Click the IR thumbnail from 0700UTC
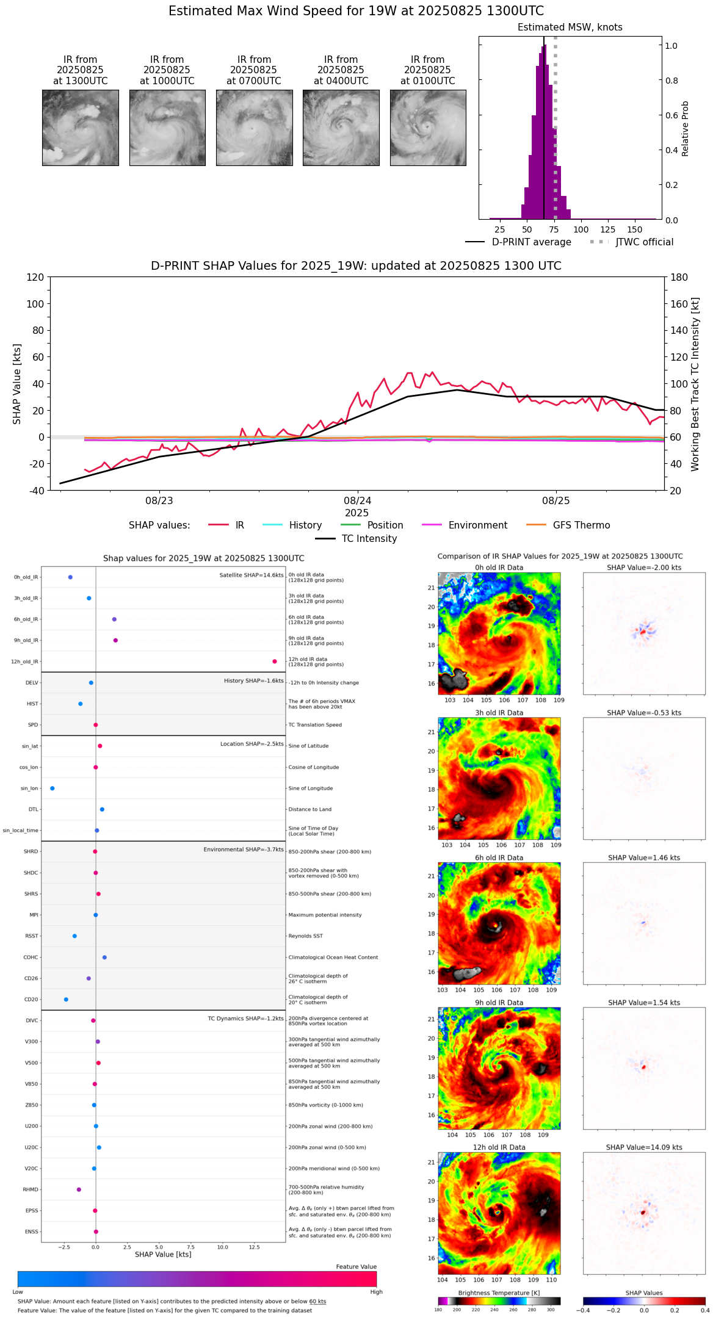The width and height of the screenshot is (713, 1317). (254, 128)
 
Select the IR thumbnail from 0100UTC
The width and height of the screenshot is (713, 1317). (428, 128)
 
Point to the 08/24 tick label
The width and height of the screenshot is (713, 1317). (357, 501)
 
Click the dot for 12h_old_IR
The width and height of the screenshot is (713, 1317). (275, 662)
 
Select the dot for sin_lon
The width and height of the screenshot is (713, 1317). (52, 788)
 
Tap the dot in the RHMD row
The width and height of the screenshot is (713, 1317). (79, 1189)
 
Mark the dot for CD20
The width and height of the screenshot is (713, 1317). (66, 1000)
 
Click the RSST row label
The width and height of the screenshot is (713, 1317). (32, 936)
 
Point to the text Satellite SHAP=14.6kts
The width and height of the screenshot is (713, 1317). (252, 576)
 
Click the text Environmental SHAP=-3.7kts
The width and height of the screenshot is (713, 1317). (244, 850)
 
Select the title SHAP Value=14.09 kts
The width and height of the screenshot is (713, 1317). (643, 1147)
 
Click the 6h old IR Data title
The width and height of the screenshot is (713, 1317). (499, 858)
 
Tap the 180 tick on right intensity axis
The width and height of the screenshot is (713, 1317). (679, 278)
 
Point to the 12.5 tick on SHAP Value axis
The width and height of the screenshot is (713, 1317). (255, 1247)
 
